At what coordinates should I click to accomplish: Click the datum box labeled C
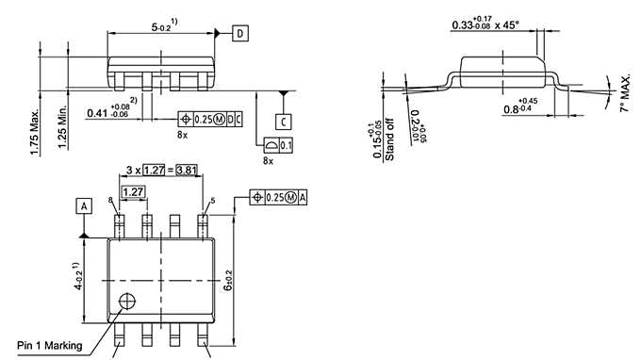coord(284,122)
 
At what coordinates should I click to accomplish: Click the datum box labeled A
coord(85,205)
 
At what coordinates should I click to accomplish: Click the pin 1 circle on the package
coord(127,302)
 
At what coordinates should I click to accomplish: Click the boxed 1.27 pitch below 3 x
coord(134,191)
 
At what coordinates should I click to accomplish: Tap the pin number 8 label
coord(110,201)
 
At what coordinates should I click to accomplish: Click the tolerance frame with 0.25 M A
coord(279,196)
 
